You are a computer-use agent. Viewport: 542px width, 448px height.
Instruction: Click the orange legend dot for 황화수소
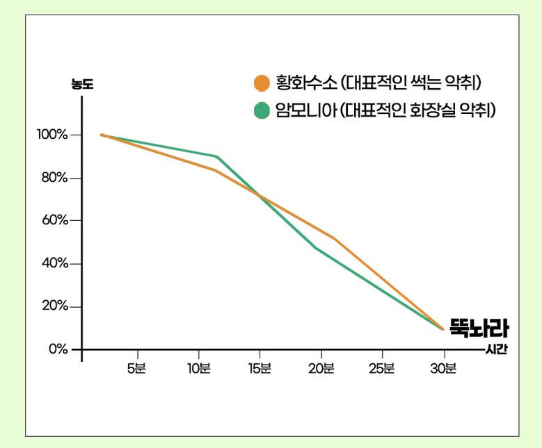[262, 83]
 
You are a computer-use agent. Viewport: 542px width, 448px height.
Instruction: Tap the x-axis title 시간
[496, 349]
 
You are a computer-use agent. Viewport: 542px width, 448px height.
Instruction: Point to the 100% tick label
[52, 135]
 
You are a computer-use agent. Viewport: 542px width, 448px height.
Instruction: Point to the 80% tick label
[54, 178]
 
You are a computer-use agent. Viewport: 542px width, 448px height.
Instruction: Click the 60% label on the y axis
[54, 221]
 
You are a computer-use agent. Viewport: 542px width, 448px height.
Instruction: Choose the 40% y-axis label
[54, 264]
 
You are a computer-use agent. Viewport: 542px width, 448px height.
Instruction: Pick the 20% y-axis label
[54, 306]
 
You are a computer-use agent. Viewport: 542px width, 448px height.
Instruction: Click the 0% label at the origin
[58, 349]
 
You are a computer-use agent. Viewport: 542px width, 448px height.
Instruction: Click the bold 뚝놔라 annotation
[479, 327]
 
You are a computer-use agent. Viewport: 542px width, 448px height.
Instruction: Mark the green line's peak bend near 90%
[217, 156]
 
